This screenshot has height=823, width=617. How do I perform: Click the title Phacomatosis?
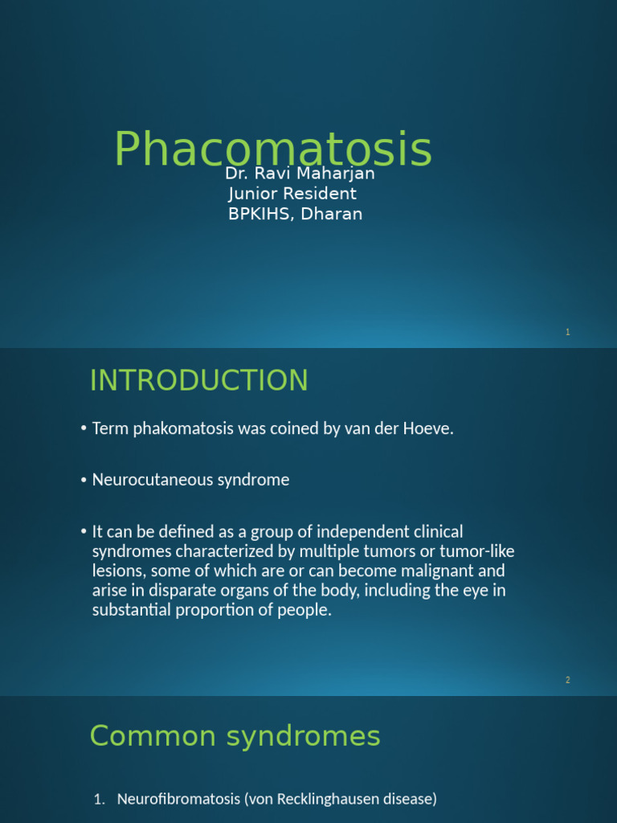click(272, 149)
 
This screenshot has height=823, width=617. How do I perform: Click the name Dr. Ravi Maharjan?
click(300, 174)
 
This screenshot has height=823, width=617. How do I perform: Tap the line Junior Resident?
click(292, 194)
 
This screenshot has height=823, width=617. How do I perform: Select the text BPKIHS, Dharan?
click(296, 214)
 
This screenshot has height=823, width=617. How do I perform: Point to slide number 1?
click(567, 332)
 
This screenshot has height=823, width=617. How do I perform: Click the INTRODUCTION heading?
click(198, 380)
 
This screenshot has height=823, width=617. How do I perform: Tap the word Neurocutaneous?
click(148, 480)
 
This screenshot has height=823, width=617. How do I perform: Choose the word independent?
click(355, 532)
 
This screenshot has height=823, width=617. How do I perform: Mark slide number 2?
click(567, 680)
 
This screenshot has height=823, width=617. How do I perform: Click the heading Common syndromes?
click(235, 735)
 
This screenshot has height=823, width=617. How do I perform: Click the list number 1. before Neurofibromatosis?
click(100, 799)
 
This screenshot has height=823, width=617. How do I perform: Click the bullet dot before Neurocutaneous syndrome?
click(84, 481)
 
